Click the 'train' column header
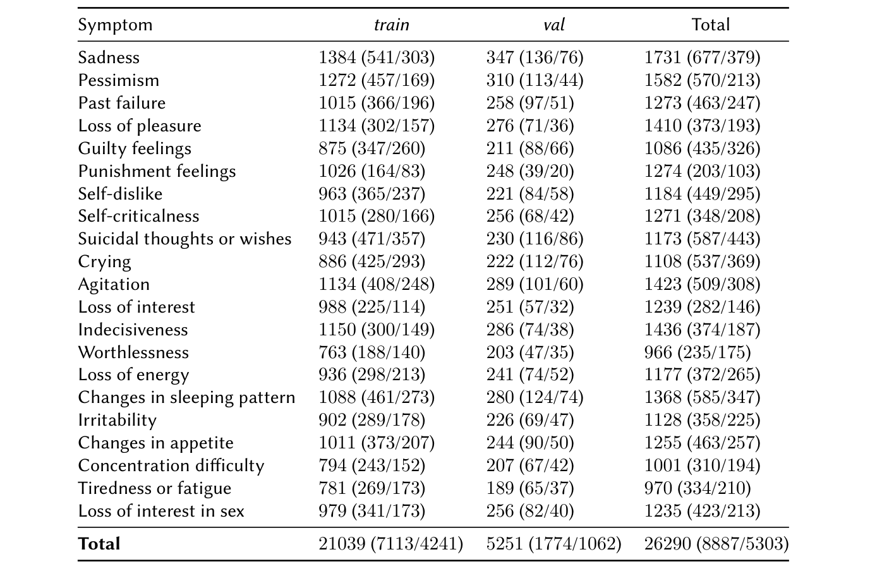coord(391,25)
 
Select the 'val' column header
coord(553,25)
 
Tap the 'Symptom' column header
coord(115,25)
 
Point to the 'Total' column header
coord(710,25)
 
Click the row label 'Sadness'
coord(109,57)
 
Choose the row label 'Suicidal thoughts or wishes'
coord(184,239)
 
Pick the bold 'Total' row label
coord(99,544)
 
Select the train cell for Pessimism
coord(377,80)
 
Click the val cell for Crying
coord(535,261)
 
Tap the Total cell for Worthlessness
coord(697,352)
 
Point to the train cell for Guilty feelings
coord(372,148)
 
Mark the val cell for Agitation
coord(535,284)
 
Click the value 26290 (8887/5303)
coord(716,544)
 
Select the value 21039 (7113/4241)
coord(390,544)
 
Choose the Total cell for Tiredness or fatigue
coord(697,488)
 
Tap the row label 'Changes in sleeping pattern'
coord(186,398)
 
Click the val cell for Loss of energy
coord(530,375)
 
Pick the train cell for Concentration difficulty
coord(372,465)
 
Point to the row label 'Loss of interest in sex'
coord(161,511)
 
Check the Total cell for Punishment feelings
coord(702,171)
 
